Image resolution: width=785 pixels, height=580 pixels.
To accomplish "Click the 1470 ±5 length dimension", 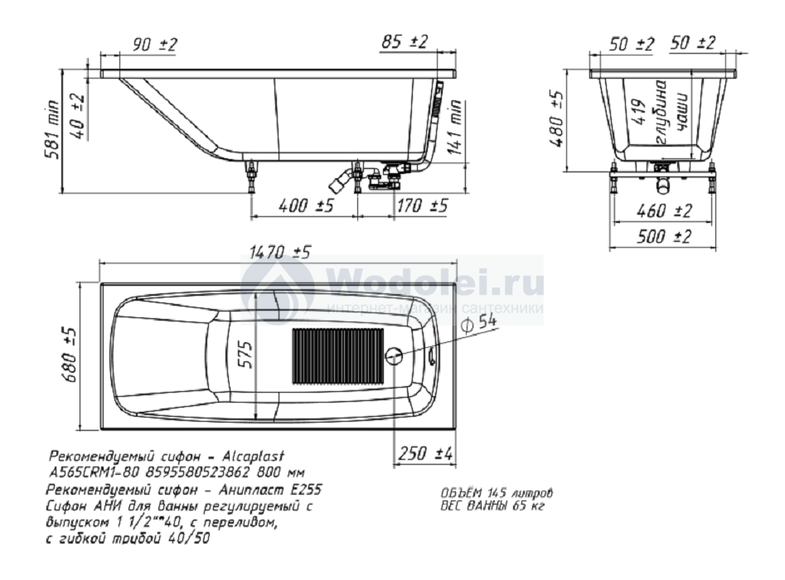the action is [282, 252].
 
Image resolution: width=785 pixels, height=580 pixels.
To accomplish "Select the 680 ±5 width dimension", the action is [70, 355].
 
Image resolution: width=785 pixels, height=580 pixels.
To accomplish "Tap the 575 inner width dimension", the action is [245, 355].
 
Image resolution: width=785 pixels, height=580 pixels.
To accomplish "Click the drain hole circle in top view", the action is [394, 356].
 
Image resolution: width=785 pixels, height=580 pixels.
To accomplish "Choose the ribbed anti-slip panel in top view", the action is [338, 355].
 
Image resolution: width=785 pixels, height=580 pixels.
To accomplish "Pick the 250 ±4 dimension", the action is [425, 454].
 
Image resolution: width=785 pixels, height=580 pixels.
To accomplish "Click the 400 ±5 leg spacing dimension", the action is [305, 205].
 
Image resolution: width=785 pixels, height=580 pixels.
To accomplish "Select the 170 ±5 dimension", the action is [422, 205].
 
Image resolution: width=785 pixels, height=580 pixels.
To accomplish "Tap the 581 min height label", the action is [52, 129].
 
